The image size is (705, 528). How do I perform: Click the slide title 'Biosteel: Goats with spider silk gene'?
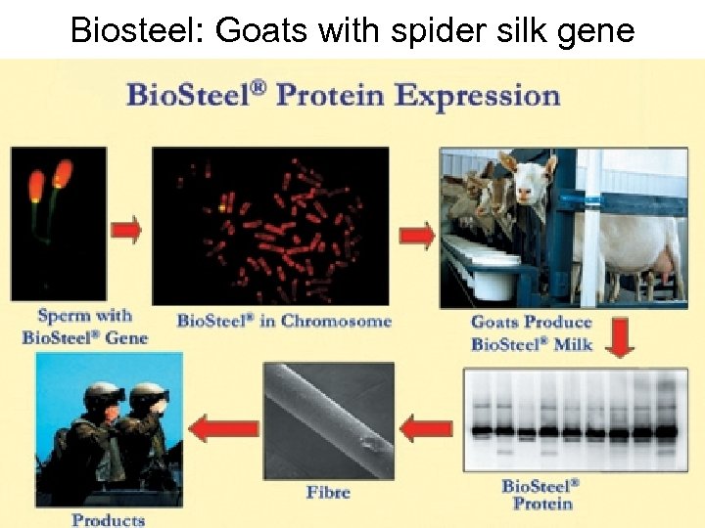coord(352,30)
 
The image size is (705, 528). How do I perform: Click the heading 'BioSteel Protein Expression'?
coord(343,96)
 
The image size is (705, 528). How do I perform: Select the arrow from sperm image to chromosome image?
coord(126,230)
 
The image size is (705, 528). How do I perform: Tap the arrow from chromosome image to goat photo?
coord(418,235)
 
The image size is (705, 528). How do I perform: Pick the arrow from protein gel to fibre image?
coord(427,426)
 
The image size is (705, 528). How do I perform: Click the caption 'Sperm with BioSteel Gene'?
coord(84,327)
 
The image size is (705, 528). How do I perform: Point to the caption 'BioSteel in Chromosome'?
coord(284,321)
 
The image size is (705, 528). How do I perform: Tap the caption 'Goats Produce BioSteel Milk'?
coord(532,332)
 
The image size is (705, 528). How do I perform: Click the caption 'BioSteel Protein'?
coord(540,494)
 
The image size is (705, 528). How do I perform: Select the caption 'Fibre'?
coord(328,491)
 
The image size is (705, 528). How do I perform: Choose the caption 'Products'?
coord(108,519)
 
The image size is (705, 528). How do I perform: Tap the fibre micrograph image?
coord(328,420)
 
